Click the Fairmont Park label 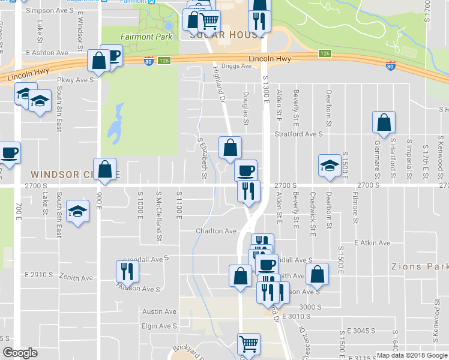click(x=146, y=37)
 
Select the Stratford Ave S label click(x=299, y=134)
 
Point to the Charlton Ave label click(x=216, y=231)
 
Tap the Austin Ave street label click(x=159, y=311)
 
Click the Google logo click(x=20, y=353)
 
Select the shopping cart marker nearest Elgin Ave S click(x=249, y=344)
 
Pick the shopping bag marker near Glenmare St click(x=384, y=122)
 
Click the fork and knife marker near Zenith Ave click(x=127, y=271)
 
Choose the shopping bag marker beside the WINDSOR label click(x=104, y=169)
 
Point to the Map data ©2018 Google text click(x=412, y=355)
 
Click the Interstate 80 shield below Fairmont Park click(x=149, y=61)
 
